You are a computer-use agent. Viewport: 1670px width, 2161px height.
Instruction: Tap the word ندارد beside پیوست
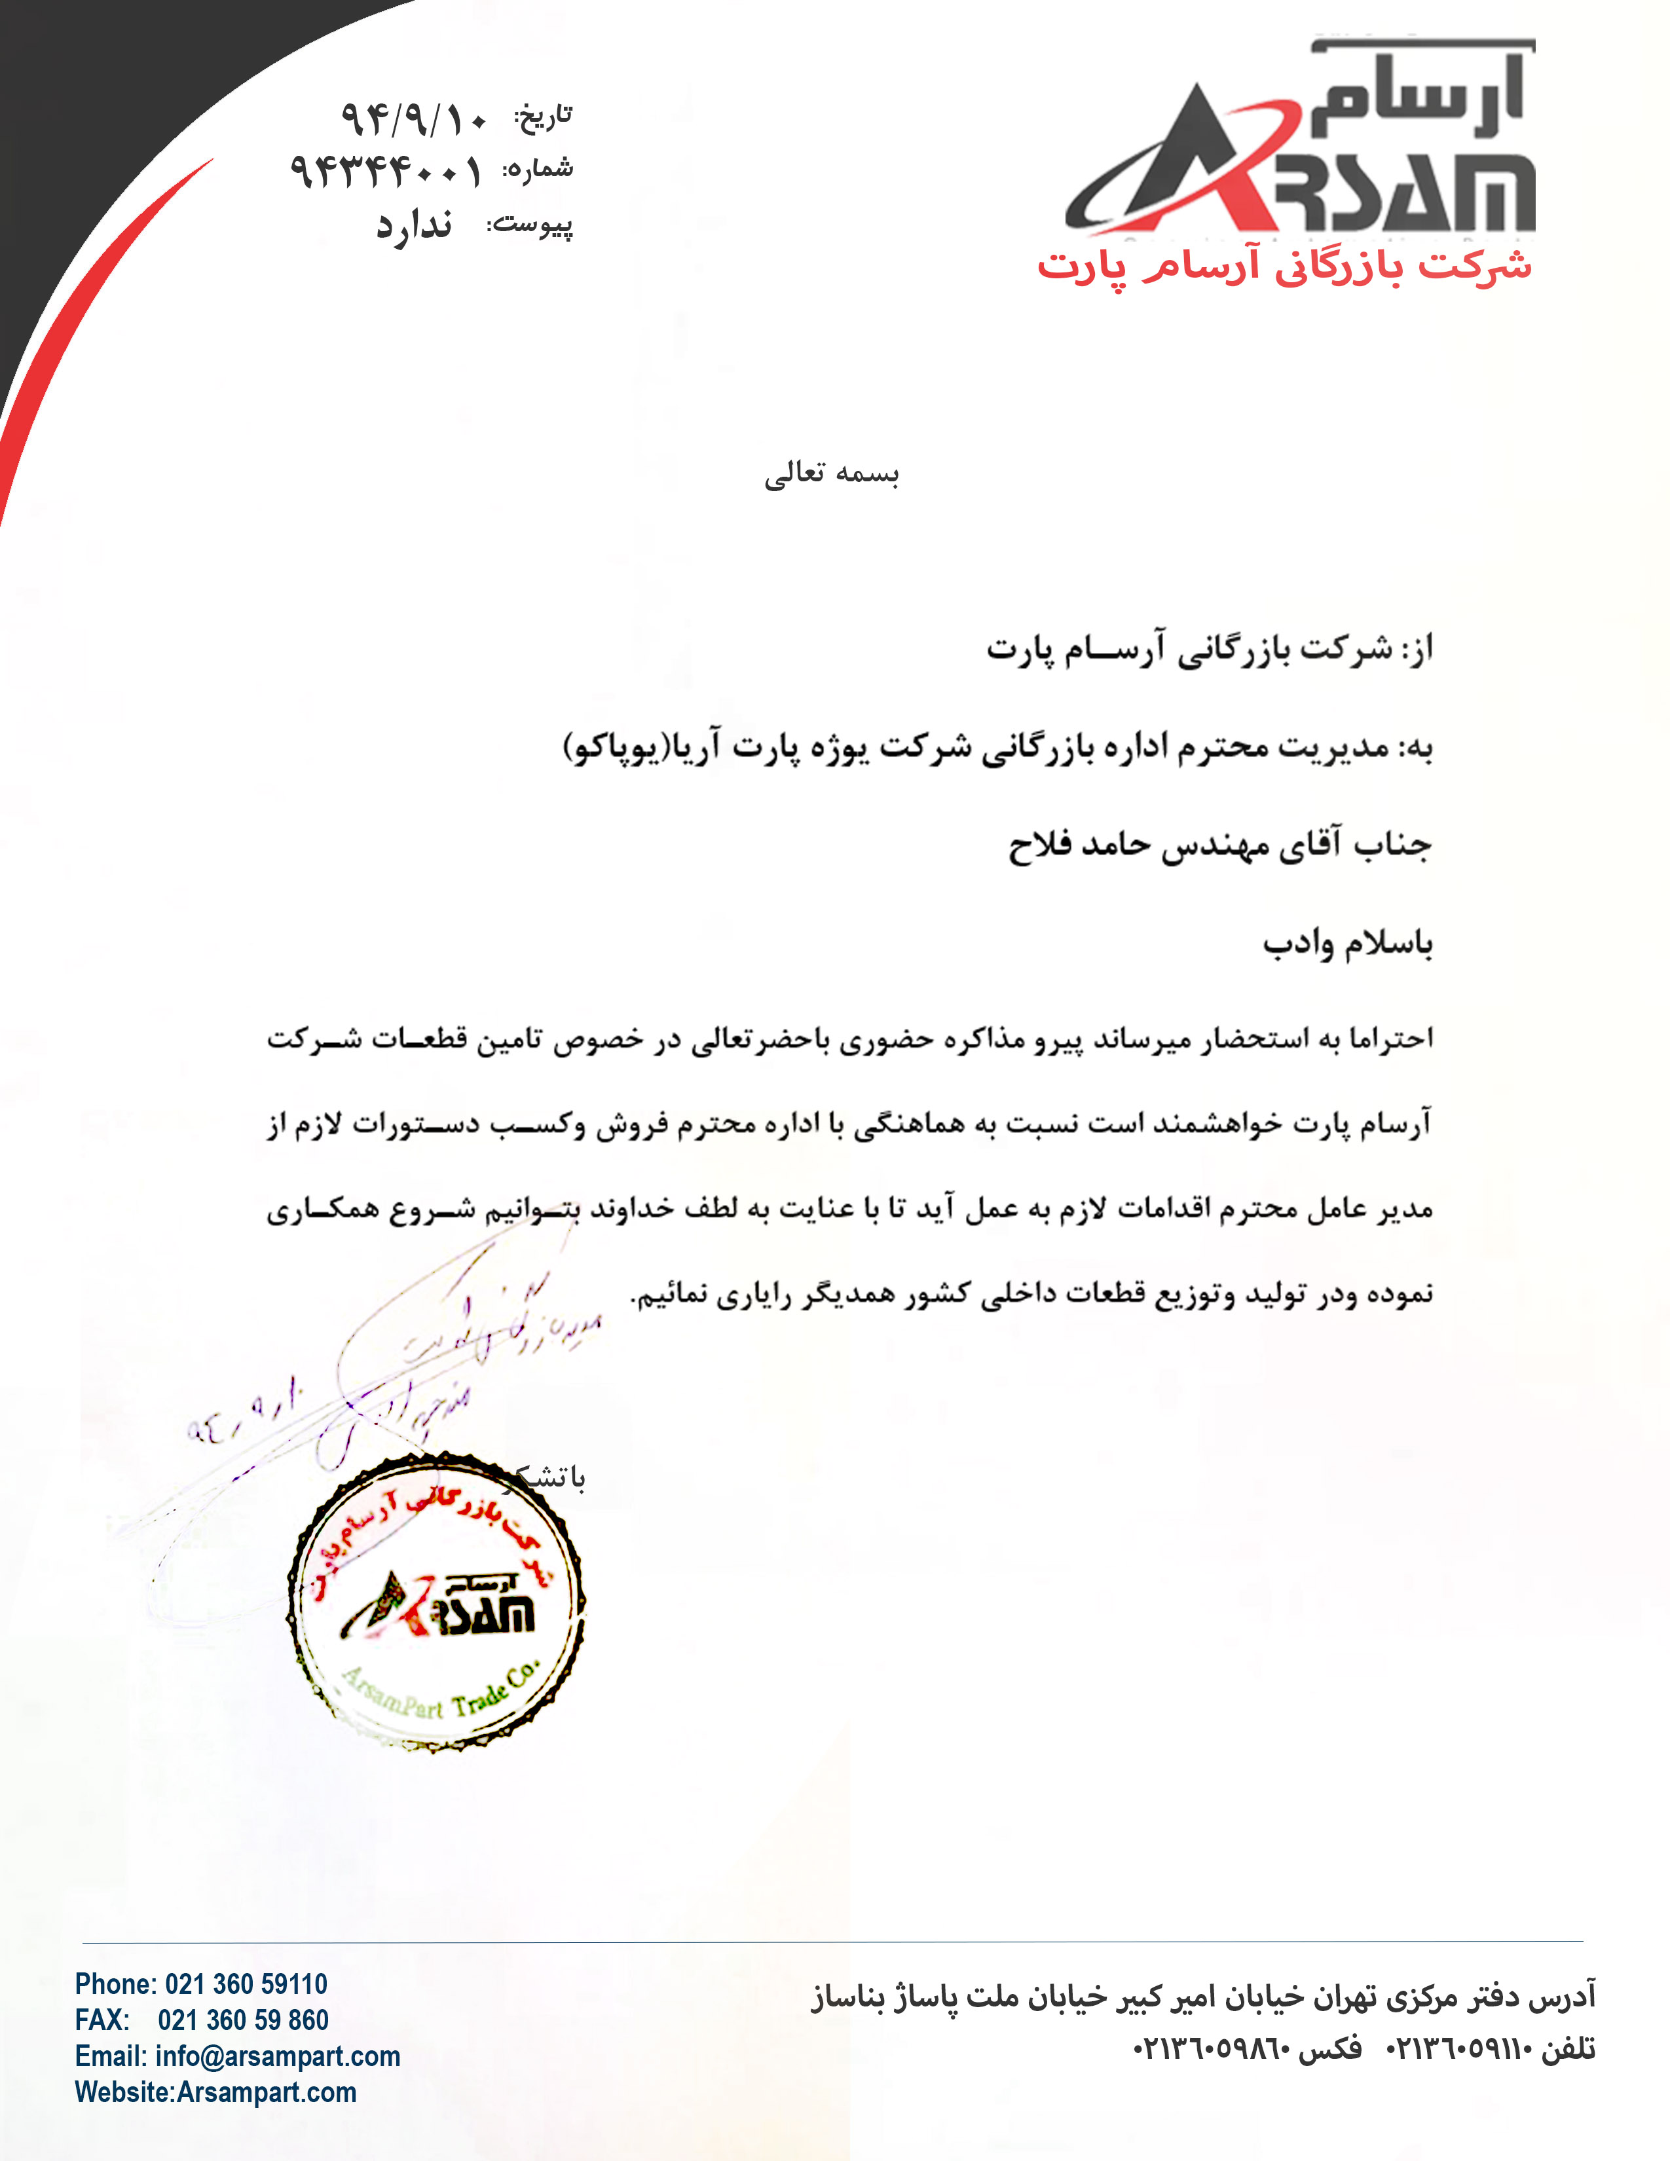tap(413, 227)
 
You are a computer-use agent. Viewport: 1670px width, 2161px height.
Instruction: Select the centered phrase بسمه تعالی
tap(832, 474)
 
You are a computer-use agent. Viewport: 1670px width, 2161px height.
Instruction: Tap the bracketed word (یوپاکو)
tap(614, 748)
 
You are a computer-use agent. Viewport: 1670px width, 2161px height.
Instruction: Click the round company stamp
tap(436, 1603)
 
